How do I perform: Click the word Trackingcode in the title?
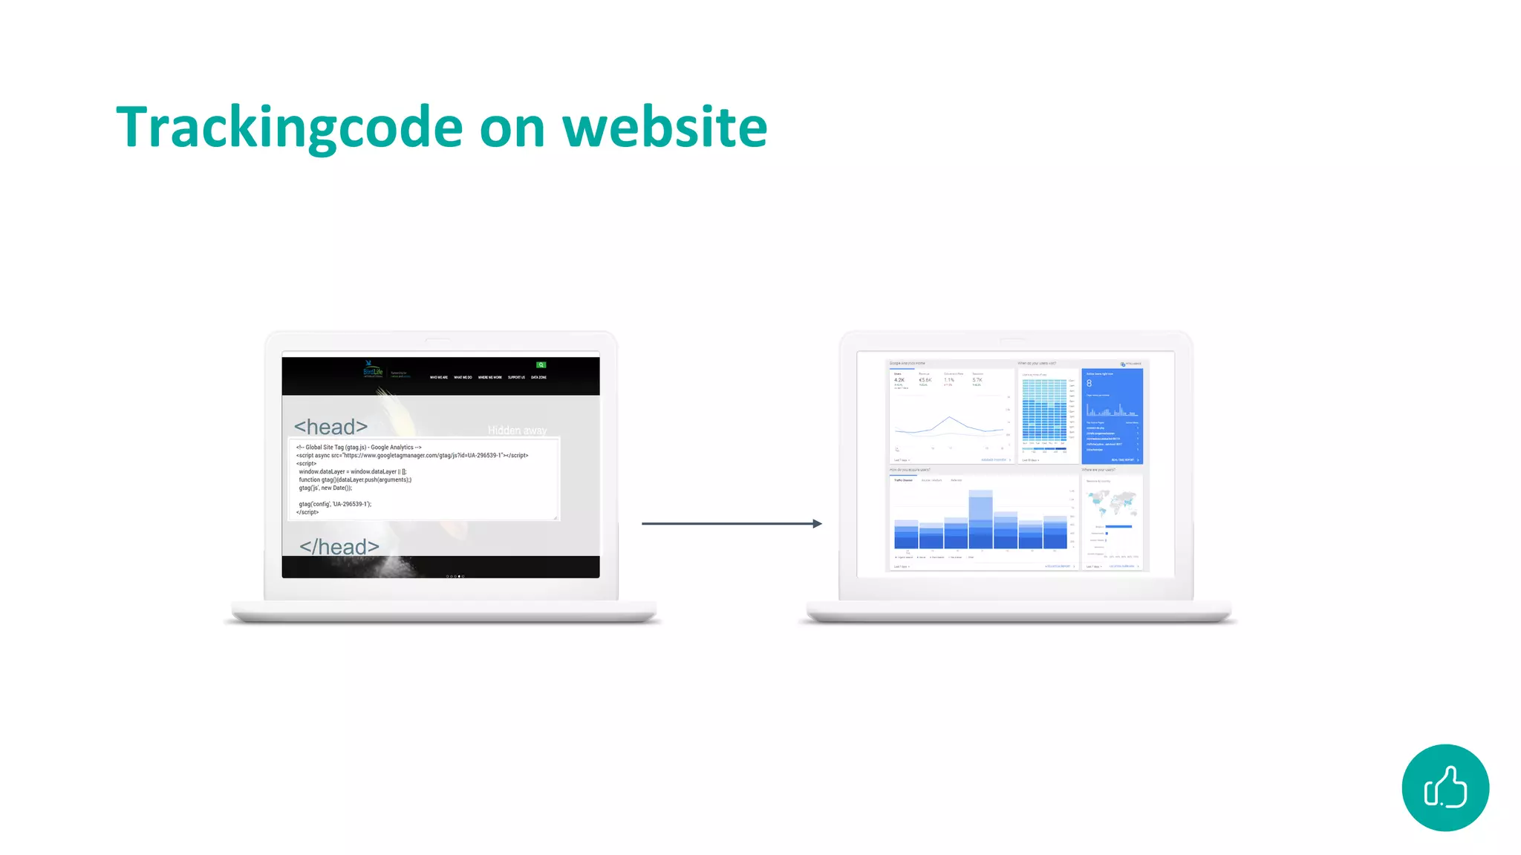coord(290,128)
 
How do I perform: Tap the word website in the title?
coord(665,128)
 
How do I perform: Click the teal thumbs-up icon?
coord(1445,787)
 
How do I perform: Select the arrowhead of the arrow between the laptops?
coord(817,524)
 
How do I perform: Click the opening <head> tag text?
coord(330,427)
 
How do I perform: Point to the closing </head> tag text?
coord(339,547)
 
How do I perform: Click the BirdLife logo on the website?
coord(373,370)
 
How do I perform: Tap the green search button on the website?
coord(541,365)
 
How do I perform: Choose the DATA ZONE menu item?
coord(538,378)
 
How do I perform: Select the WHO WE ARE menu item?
coord(439,378)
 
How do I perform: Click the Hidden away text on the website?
coord(517,430)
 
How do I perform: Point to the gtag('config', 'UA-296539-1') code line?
coord(335,504)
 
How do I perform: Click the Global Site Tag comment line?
coord(359,448)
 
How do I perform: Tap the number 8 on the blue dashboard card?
coord(1090,384)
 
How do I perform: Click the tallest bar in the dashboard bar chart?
coord(980,520)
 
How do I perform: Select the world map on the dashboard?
coord(1112,502)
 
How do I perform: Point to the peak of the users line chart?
coord(950,418)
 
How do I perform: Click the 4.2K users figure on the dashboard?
coord(899,380)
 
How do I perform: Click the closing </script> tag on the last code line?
coord(307,512)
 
